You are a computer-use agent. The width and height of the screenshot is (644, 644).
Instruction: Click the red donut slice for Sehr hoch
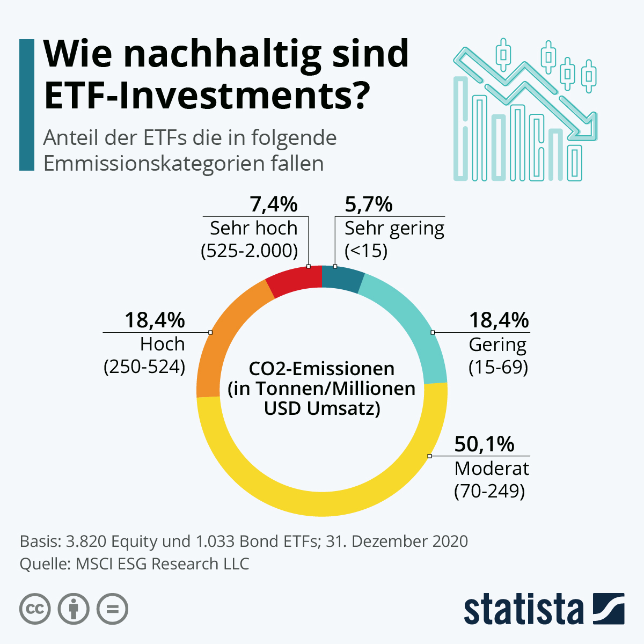pyautogui.click(x=295, y=280)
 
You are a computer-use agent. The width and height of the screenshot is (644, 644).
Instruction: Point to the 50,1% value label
pyautogui.click(x=484, y=444)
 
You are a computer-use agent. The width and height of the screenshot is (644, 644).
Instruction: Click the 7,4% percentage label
pyautogui.click(x=274, y=204)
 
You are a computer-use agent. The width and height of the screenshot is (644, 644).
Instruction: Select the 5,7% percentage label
pyautogui.click(x=369, y=204)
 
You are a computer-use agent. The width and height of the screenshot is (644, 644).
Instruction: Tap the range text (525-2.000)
pyautogui.click(x=249, y=251)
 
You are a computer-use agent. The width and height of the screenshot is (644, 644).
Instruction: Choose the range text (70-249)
pyautogui.click(x=489, y=491)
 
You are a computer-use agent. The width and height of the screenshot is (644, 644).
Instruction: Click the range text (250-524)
pyautogui.click(x=144, y=367)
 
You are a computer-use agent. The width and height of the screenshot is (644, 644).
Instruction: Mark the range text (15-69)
pyautogui.click(x=498, y=367)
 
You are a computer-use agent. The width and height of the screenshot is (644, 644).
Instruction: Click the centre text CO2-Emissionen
pyautogui.click(x=321, y=369)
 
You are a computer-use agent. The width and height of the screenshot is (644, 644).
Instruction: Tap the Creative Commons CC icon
pyautogui.click(x=35, y=609)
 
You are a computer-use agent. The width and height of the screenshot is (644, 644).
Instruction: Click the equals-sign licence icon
pyautogui.click(x=112, y=609)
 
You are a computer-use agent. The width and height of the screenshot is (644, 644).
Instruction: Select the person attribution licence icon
pyautogui.click(x=74, y=609)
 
